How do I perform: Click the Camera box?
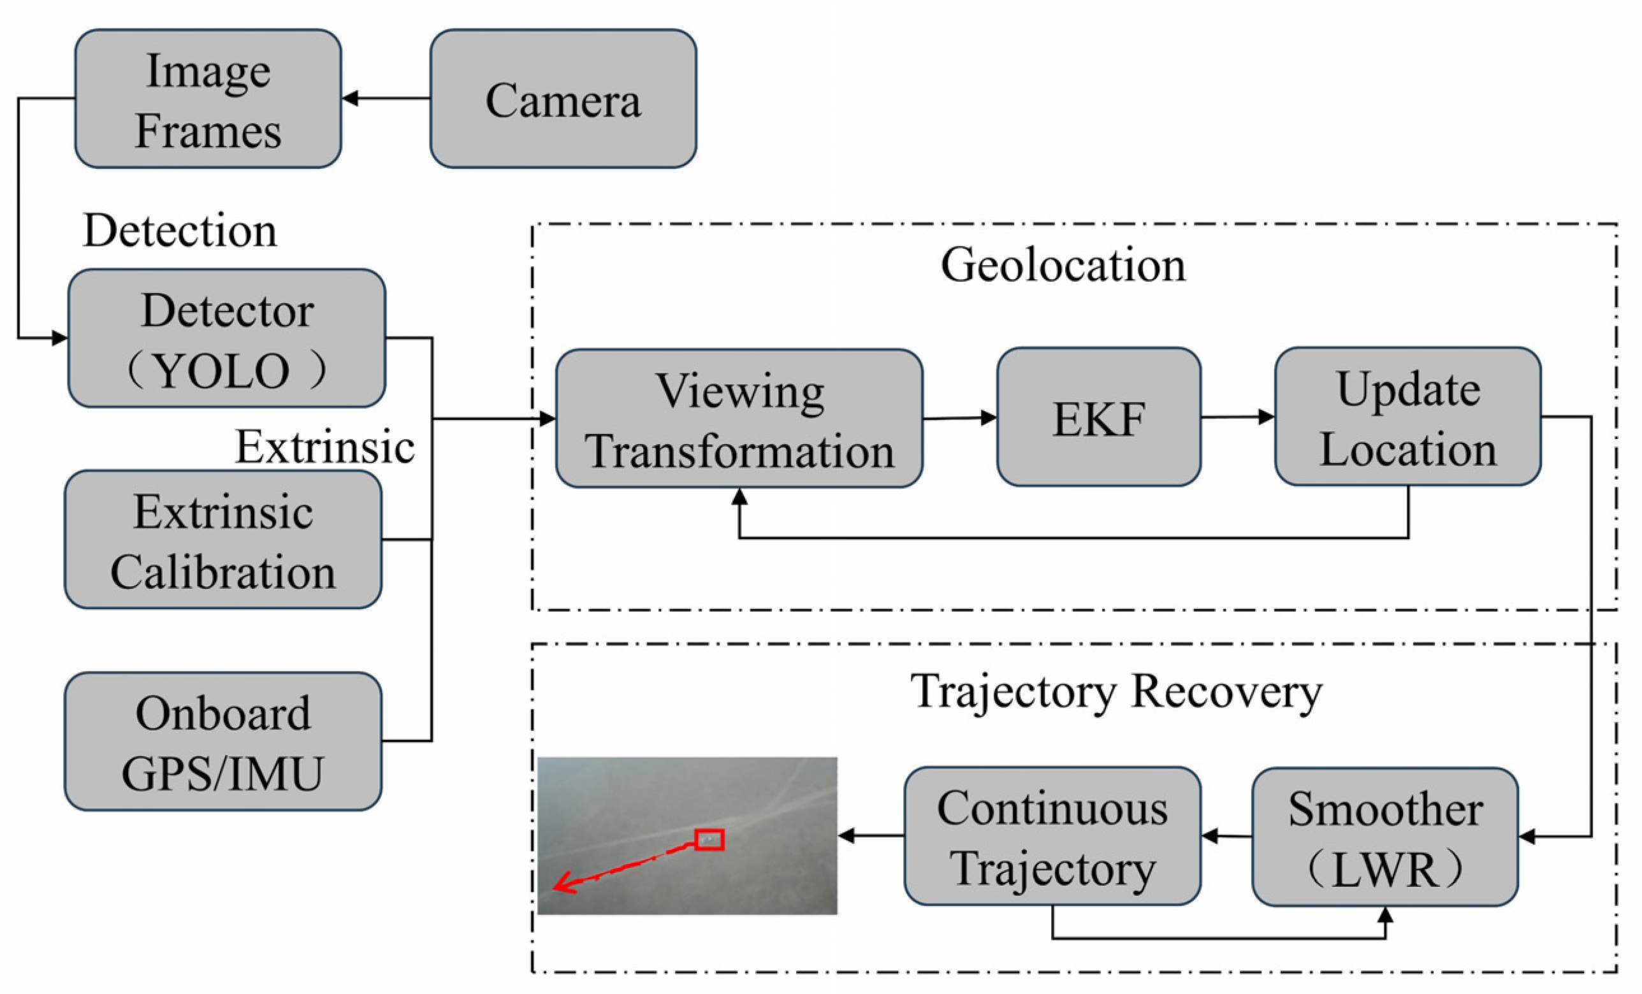(563, 99)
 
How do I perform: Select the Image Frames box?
(208, 99)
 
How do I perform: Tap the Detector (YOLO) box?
(226, 338)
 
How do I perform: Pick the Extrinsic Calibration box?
(223, 540)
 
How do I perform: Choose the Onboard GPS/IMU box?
(223, 742)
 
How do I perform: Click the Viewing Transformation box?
(739, 419)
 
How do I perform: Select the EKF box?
(1099, 417)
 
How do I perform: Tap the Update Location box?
(1407, 417)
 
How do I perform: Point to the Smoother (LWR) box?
(1384, 837)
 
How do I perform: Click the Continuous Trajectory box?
(1052, 836)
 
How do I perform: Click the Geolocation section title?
(1063, 265)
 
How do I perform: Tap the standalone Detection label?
(180, 231)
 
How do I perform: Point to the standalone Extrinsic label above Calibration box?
(325, 447)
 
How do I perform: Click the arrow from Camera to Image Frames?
(386, 99)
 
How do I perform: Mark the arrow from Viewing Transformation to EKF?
(959, 419)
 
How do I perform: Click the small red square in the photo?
(709, 839)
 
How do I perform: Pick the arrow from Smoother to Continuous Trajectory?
(1226, 836)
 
